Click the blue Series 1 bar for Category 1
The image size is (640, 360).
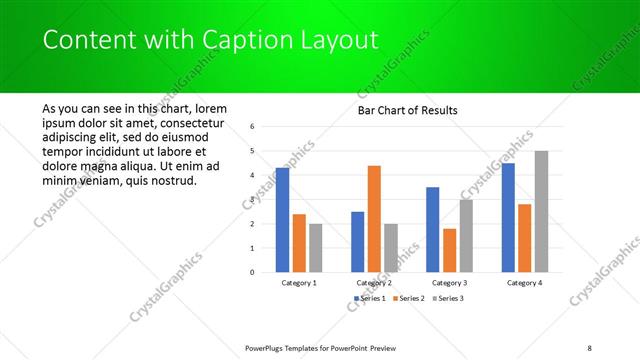point(282,220)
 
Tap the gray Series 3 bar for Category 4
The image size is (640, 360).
point(541,211)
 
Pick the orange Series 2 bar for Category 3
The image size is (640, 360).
point(449,250)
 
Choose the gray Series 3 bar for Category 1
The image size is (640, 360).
point(315,247)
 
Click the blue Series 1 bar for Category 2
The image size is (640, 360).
point(357,241)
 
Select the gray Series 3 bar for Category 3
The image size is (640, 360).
point(466,235)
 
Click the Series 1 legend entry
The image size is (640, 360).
point(374,298)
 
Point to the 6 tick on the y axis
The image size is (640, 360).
point(253,127)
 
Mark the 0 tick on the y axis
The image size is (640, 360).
point(253,272)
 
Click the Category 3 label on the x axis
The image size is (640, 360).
point(449,283)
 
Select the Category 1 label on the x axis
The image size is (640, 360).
point(298,283)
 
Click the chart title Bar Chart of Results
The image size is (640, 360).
point(407,109)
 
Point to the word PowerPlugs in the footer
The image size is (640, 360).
point(267,348)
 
